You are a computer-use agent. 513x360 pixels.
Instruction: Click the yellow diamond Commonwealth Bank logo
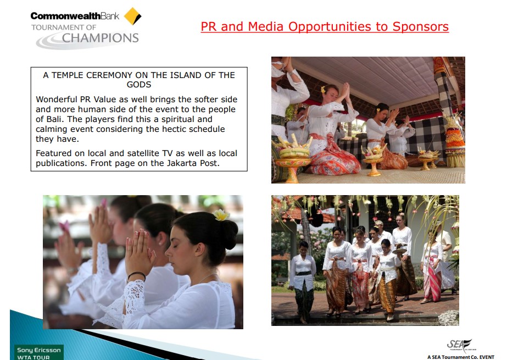pyautogui.click(x=132, y=16)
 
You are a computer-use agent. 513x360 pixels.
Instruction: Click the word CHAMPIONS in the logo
pyautogui.click(x=100, y=38)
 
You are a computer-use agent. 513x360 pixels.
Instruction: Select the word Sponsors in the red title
pyautogui.click(x=420, y=27)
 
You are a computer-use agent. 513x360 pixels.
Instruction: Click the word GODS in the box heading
pyautogui.click(x=139, y=85)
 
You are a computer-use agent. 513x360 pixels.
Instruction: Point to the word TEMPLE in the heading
pyautogui.click(x=68, y=75)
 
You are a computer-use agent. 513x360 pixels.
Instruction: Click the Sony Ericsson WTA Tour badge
pyautogui.click(x=39, y=352)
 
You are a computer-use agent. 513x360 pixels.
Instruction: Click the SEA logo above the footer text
pyautogui.click(x=460, y=345)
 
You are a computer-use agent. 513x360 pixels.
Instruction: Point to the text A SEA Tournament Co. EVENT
pyautogui.click(x=461, y=357)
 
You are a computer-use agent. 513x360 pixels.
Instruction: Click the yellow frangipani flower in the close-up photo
pyautogui.click(x=221, y=215)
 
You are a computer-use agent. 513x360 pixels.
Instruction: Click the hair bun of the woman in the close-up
pyautogui.click(x=228, y=234)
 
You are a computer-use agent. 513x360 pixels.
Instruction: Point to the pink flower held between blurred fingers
pyautogui.click(x=64, y=226)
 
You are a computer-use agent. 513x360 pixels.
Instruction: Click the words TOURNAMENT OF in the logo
pyautogui.click(x=64, y=27)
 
